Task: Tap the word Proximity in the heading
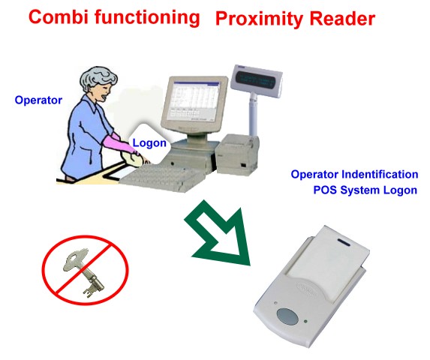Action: [260, 19]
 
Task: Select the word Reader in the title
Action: [342, 19]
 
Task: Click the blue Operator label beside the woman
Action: [38, 100]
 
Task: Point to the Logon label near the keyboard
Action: [149, 143]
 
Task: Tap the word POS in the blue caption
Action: [325, 190]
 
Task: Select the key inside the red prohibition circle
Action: [84, 272]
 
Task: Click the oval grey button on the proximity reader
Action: [287, 316]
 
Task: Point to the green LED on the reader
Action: [305, 321]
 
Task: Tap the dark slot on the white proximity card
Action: [344, 242]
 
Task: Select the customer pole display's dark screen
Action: [257, 79]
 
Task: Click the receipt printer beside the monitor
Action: [237, 154]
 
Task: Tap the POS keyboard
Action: [162, 176]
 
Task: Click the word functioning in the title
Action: [147, 17]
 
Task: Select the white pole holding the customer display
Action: [253, 114]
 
